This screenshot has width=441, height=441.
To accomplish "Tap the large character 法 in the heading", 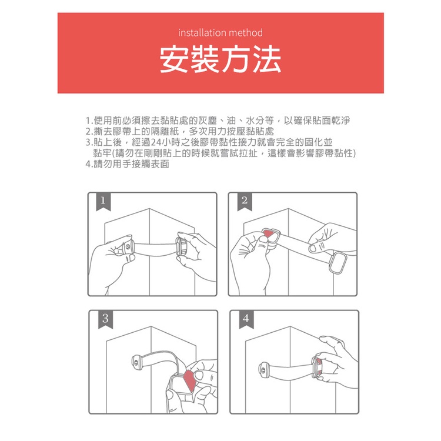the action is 266,59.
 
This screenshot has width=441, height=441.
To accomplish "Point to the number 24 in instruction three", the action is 156,142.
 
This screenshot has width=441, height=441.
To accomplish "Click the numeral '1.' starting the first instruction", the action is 89,121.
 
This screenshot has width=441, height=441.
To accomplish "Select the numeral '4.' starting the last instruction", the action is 89,164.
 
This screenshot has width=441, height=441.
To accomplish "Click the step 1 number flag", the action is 103,201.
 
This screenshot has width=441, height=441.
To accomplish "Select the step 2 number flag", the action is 245,201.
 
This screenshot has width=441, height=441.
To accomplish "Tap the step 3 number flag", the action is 105,319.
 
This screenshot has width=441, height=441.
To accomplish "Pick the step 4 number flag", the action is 246,319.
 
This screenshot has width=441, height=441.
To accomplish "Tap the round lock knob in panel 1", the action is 182,246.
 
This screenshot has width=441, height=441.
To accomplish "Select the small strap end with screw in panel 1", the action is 128,248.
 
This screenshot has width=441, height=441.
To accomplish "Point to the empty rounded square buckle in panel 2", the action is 338,262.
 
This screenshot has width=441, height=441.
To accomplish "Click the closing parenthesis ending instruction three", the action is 354,153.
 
